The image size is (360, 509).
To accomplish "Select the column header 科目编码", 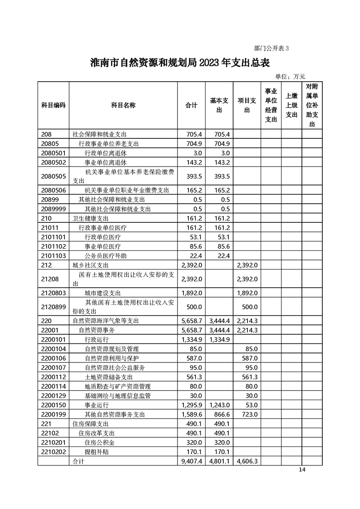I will (x=53, y=105).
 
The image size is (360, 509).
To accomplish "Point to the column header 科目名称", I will (x=123, y=105).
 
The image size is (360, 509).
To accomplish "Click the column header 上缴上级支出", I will (x=291, y=105).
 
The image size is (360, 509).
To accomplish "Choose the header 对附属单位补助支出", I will (x=312, y=105).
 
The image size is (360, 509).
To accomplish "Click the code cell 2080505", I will (x=54, y=176).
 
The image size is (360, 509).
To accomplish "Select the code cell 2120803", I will (x=54, y=293).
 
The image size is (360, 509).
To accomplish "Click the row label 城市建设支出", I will (x=103, y=293).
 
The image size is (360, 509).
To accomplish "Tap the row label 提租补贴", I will (x=97, y=451).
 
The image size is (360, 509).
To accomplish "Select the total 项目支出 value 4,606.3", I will (x=247, y=461).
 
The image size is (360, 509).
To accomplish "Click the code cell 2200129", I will (x=54, y=396).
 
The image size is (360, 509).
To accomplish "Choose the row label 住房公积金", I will (x=100, y=442).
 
